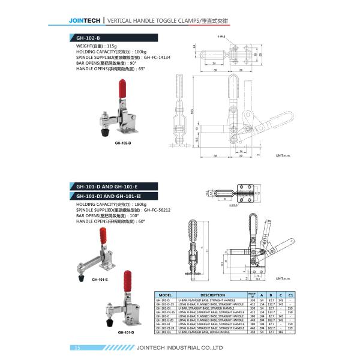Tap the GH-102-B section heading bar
[x=108, y=37]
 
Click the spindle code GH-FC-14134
[x=157, y=58]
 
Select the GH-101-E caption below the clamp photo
[x=100, y=280]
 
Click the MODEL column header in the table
[x=164, y=295]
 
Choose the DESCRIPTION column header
[x=212, y=295]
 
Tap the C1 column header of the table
[x=291, y=295]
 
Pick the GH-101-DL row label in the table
[x=163, y=331]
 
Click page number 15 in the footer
[x=77, y=348]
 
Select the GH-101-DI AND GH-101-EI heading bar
[x=108, y=196]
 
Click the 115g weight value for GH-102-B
[x=111, y=46]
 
